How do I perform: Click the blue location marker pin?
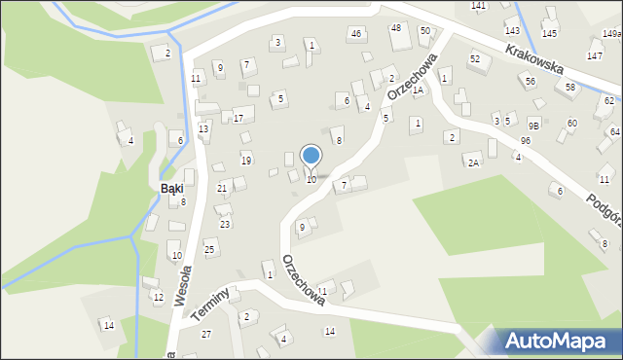(311, 157)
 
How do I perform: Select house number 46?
(356, 34)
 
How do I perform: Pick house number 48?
(395, 28)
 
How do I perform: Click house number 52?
(474, 59)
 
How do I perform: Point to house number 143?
(512, 31)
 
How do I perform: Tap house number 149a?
(611, 34)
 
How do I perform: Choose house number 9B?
(533, 126)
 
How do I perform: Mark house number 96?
(525, 141)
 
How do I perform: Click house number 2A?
(473, 162)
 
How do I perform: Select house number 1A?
(418, 90)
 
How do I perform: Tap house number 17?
(238, 119)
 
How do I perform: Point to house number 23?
(225, 224)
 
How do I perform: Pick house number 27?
(205, 334)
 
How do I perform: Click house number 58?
(570, 88)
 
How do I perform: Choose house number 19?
(246, 161)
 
